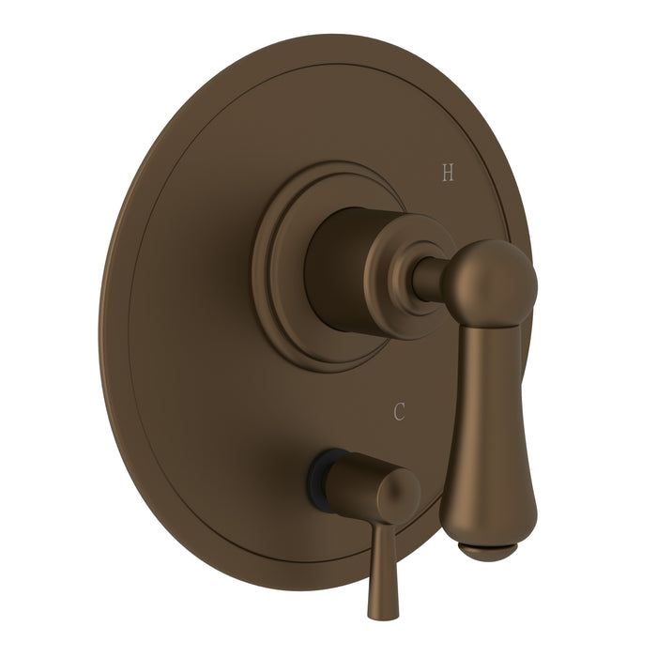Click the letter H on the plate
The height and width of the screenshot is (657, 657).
[447, 172]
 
